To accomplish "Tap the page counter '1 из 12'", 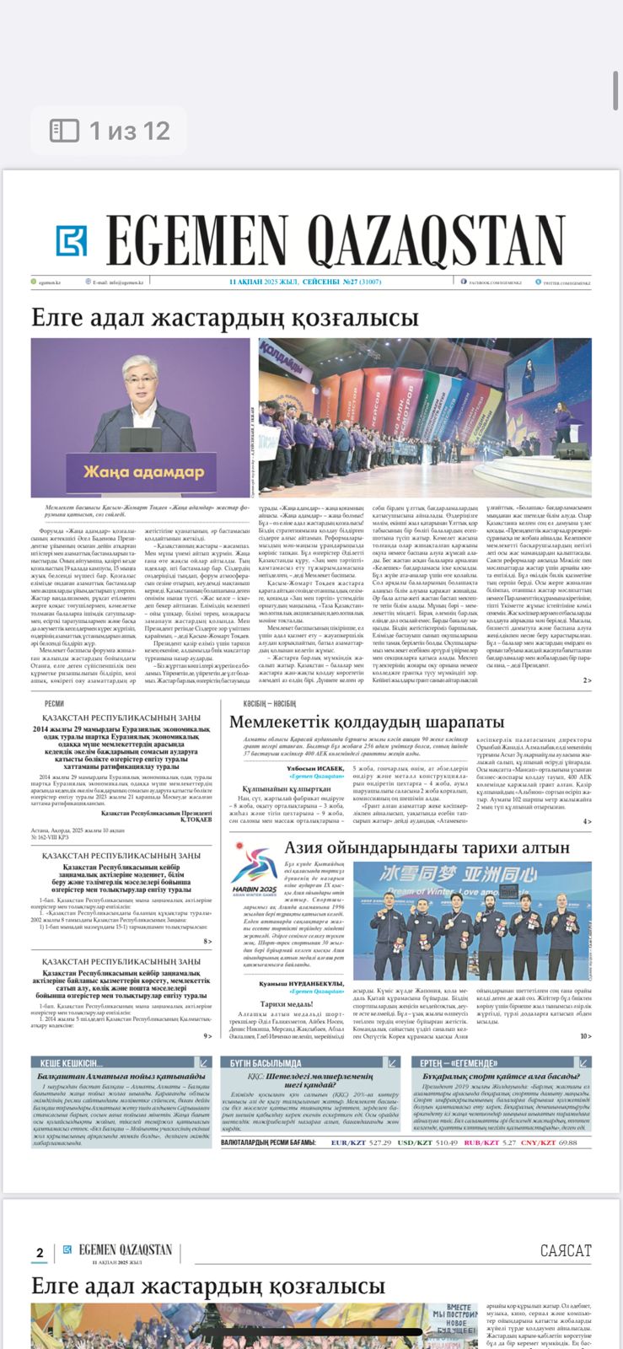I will [130, 131].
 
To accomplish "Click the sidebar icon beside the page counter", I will [65, 131].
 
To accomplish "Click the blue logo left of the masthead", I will [72, 240].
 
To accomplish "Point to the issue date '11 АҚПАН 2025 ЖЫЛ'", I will [265, 282].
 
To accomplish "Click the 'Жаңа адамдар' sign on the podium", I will [142, 470].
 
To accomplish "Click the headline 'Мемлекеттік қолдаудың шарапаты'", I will [367, 723].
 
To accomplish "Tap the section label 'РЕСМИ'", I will [53, 703].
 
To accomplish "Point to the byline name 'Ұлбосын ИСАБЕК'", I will [314, 769].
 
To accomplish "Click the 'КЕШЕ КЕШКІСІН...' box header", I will [73, 1062].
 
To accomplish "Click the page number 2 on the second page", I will [40, 1253].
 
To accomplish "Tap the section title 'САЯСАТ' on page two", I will [566, 1250].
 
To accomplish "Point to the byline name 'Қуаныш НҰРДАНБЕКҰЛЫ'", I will [301, 983].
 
